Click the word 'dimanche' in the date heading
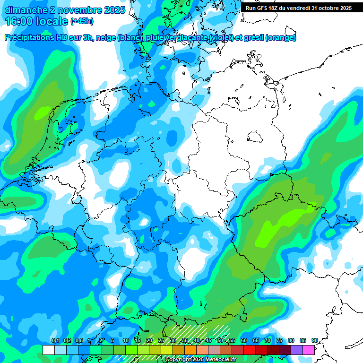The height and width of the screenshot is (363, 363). pos(26,9)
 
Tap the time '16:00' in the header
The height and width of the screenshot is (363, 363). pos(19,21)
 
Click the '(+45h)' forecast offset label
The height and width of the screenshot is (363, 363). pos(81,21)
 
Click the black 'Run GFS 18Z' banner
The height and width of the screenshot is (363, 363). pos(298,8)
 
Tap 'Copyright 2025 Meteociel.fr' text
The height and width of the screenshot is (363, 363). pos(200,360)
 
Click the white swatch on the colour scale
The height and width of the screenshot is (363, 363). pos(48,350)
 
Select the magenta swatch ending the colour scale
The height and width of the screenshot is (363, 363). pos(309,350)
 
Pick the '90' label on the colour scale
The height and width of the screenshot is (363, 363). pos(314,341)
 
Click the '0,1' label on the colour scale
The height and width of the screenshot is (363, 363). pos(55,341)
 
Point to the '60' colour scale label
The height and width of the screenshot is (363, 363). pos(243,341)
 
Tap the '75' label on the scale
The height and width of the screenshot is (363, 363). pos(279,341)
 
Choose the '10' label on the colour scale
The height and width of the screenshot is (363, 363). pos(126,341)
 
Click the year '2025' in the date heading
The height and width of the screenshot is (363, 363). pos(114,9)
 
